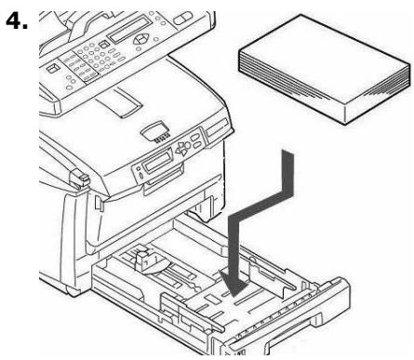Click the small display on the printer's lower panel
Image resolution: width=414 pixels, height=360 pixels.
pyautogui.click(x=154, y=167)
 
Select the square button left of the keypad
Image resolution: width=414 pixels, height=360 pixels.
pyautogui.click(x=52, y=68)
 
